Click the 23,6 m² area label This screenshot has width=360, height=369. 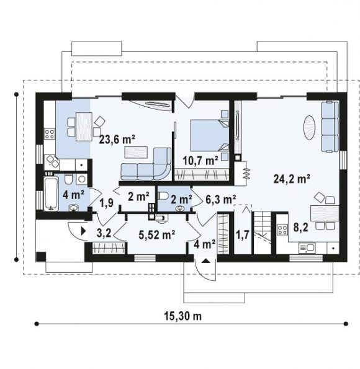[x=117, y=140]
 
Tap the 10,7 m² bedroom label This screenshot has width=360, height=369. [x=200, y=161]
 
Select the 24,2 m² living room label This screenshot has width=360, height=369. [x=292, y=179]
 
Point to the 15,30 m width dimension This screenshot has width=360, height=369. [x=183, y=316]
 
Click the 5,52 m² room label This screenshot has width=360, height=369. [x=156, y=234]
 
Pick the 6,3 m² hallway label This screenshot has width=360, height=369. [x=221, y=200]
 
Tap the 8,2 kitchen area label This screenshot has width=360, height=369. [x=301, y=228]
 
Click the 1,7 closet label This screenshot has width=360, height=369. [x=243, y=234]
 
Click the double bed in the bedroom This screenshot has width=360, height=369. [x=209, y=135]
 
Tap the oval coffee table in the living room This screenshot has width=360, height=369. [x=309, y=128]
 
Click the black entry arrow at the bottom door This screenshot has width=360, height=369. [x=205, y=260]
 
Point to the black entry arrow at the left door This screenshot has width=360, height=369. [x=83, y=231]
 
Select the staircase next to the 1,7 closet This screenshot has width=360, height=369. [x=262, y=233]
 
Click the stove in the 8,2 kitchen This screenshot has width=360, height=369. [x=282, y=229]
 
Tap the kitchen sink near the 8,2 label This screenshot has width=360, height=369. [x=307, y=248]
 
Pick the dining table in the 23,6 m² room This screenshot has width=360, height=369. [x=84, y=127]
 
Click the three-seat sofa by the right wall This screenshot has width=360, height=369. [x=330, y=127]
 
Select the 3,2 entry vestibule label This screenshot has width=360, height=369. [x=104, y=233]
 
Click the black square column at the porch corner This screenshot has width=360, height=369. [x=41, y=257]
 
